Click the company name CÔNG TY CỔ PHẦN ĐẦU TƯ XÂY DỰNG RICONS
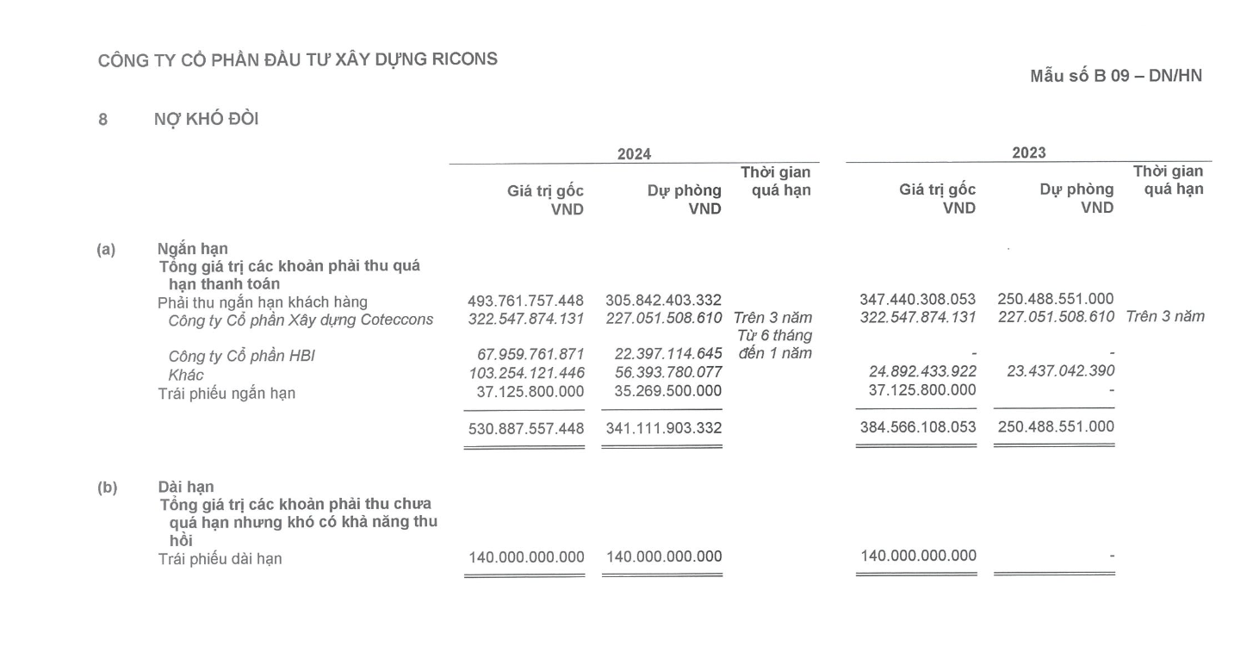click(x=297, y=59)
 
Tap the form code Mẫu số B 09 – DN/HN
click(x=1116, y=77)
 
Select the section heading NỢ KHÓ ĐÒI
click(x=205, y=120)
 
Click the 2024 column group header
click(x=634, y=154)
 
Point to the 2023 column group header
click(x=1028, y=153)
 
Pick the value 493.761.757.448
click(x=525, y=301)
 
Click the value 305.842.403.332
click(x=663, y=301)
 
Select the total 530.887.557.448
click(x=525, y=428)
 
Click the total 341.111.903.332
click(x=663, y=428)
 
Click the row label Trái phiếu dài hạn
click(x=220, y=559)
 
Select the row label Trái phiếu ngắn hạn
click(x=226, y=394)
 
